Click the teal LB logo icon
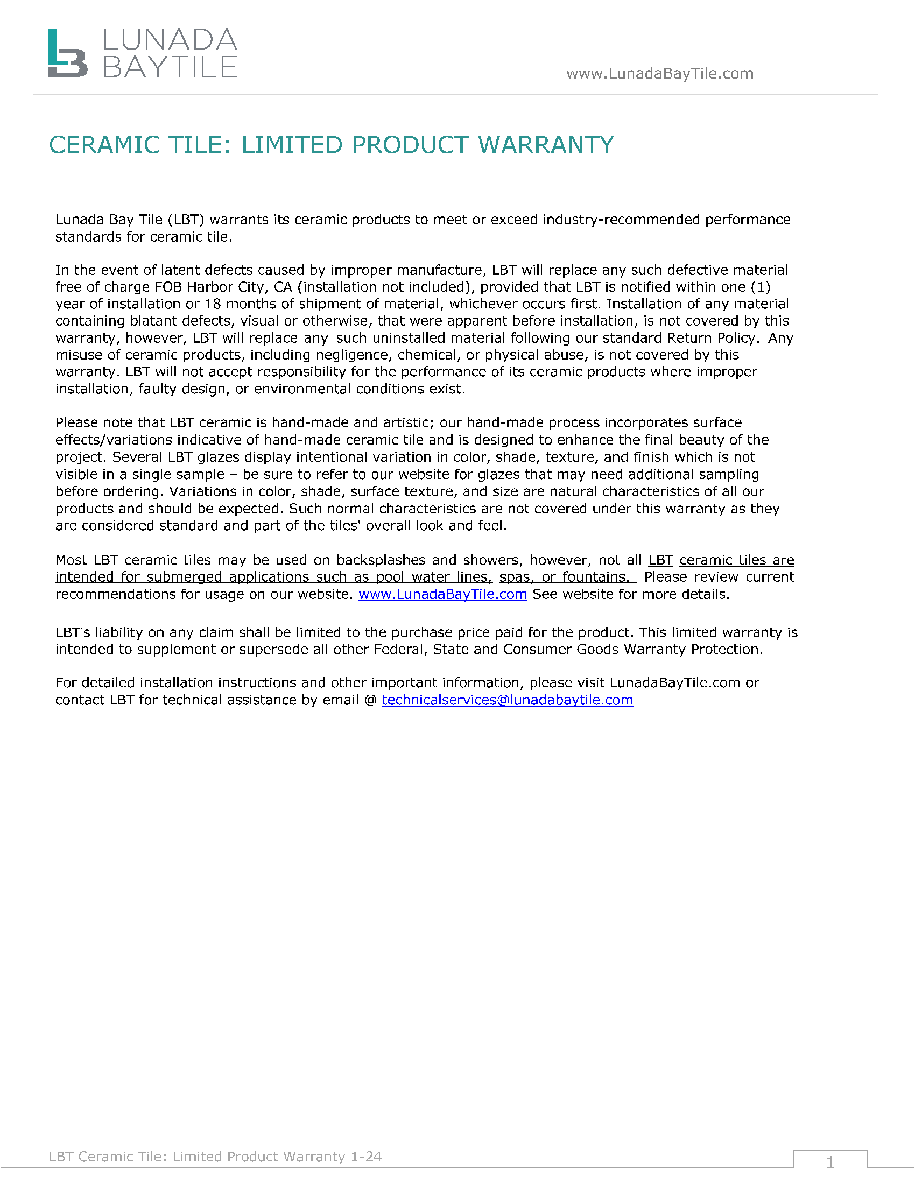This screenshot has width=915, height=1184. [x=67, y=53]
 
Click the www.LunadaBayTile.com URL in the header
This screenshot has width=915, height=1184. [x=660, y=73]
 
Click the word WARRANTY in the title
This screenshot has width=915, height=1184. [x=546, y=145]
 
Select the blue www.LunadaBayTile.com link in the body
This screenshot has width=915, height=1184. [x=442, y=594]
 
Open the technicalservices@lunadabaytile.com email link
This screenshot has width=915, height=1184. [x=508, y=700]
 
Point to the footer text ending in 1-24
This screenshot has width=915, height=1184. [x=215, y=1157]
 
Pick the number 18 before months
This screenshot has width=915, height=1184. [x=213, y=304]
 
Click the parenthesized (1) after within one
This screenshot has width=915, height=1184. [x=761, y=287]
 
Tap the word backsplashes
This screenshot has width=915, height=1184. [x=381, y=560]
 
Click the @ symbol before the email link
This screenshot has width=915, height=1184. [x=371, y=700]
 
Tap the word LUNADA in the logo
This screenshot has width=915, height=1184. [x=169, y=40]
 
